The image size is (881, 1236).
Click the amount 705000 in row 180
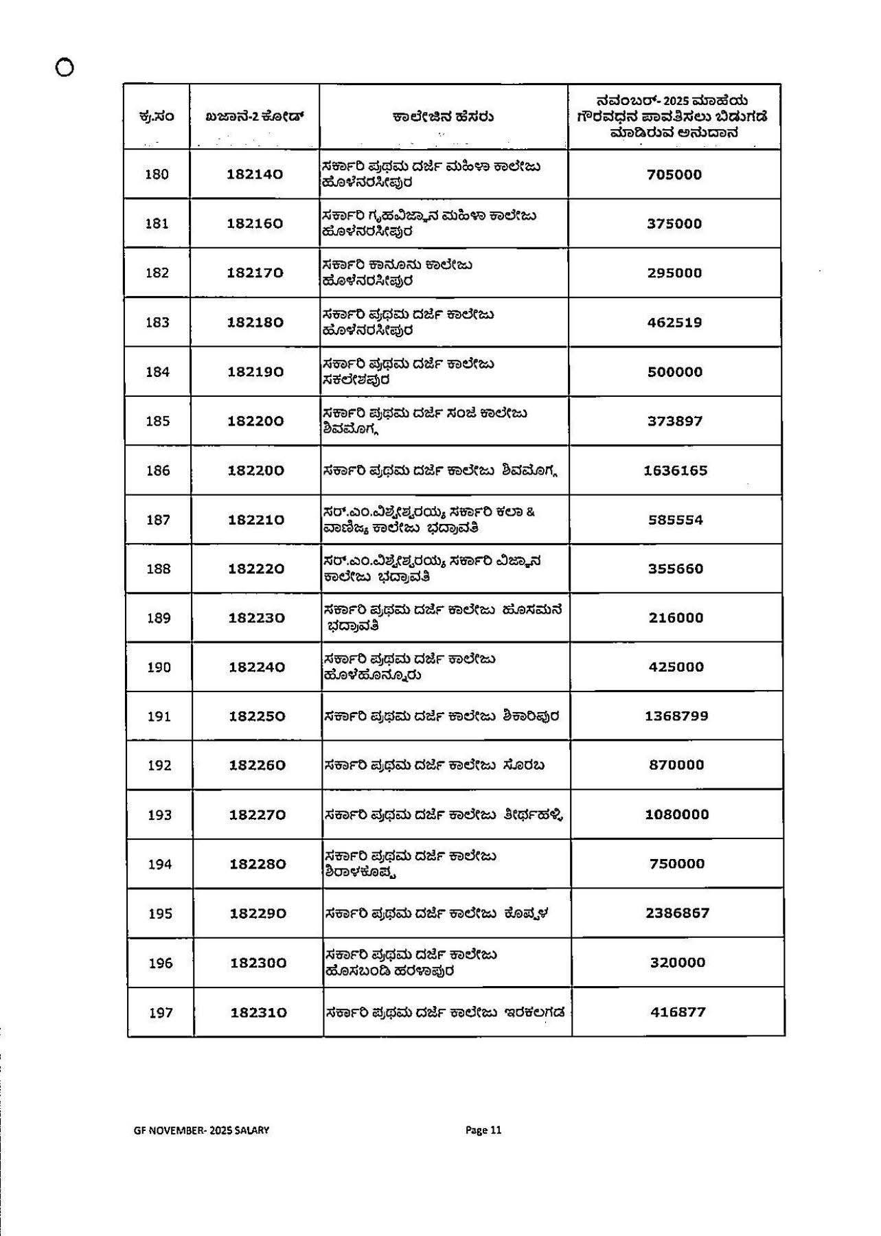point(674,174)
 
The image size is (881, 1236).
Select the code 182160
point(255,224)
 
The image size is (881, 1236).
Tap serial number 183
point(157,322)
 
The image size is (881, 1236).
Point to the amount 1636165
point(675,470)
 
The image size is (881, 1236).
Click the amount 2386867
point(677,913)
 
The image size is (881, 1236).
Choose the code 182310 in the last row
point(258,1012)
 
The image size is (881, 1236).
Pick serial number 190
point(159,667)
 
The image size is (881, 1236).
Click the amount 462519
point(674,322)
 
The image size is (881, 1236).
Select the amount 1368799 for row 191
point(676,716)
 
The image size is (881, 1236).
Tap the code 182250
point(257,716)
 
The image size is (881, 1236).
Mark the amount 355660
point(676,569)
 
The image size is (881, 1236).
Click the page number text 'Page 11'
point(483,1130)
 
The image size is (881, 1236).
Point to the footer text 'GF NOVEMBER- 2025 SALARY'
point(201,1130)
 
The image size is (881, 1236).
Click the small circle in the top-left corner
point(65,67)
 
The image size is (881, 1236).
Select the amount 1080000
point(676,814)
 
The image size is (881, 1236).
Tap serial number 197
point(161,1012)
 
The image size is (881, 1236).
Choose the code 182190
point(255,371)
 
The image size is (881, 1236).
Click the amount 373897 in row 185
point(675,421)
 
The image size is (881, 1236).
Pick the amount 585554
point(676,520)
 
